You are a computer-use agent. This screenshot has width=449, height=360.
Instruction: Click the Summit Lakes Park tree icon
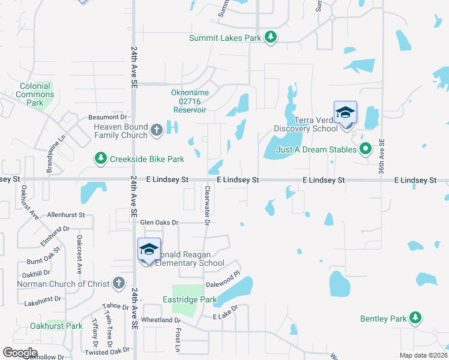point(271,37)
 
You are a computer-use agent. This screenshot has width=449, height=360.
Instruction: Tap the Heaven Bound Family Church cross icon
point(157,130)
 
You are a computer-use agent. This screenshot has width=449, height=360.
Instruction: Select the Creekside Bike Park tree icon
point(100,158)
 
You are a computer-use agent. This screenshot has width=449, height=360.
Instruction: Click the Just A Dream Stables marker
point(364,149)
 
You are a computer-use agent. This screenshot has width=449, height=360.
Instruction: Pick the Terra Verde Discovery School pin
point(345,115)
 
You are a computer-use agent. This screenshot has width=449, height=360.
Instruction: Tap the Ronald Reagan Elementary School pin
point(148,251)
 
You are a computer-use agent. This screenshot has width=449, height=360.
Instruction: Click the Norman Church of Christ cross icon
point(119,283)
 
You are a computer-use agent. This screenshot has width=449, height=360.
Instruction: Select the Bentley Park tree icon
point(415,318)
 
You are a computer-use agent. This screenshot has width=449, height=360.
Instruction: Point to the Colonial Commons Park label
point(35,94)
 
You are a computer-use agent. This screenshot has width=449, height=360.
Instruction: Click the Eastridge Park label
point(189,299)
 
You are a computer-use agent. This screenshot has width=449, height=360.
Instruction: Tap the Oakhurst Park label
point(56,326)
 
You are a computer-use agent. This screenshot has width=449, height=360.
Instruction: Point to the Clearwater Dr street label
point(206,205)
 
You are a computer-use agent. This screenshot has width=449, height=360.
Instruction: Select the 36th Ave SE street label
point(382,157)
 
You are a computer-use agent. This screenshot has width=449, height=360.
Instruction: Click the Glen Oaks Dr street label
point(159,223)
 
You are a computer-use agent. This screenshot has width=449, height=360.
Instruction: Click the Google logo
point(20,352)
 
